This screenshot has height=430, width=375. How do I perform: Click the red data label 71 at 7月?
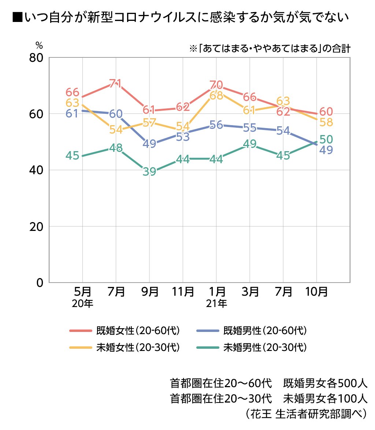(x=115, y=83)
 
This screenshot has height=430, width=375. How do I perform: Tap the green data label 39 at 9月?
(x=149, y=172)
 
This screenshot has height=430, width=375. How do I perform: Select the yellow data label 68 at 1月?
(x=216, y=96)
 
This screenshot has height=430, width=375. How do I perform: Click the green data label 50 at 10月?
(x=326, y=140)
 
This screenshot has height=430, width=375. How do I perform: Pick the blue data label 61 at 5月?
(x=73, y=113)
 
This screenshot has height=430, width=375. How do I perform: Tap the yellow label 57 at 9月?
(x=149, y=123)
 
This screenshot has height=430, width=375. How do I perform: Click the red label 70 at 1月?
(x=216, y=85)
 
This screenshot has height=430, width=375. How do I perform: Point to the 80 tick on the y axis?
(x=35, y=58)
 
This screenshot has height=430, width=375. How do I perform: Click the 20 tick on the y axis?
(x=35, y=227)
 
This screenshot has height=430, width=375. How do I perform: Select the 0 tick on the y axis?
(x=40, y=283)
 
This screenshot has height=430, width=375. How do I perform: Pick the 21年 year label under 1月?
(x=216, y=304)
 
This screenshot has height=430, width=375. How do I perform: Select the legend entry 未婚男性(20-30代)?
(x=265, y=347)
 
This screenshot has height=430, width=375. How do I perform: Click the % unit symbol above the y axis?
(x=39, y=46)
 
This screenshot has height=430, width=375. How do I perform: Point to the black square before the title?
(x=17, y=17)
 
